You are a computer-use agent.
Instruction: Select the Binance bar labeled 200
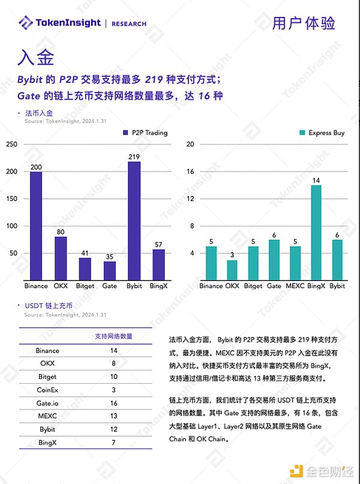[36, 226]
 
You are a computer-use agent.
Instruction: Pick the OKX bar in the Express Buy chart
[232, 270]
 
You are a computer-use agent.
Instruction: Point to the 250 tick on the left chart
[11, 144]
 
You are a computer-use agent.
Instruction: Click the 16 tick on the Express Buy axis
[190, 172]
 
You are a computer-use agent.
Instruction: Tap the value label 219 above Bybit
[134, 157]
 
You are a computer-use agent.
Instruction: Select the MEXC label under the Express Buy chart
[295, 286]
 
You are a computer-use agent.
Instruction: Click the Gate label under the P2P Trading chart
[109, 286]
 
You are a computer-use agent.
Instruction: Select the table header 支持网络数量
[115, 336]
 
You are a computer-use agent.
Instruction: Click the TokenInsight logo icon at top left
[26, 23]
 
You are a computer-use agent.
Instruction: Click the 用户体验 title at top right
[303, 23]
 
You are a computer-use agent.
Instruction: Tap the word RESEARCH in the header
[129, 24]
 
